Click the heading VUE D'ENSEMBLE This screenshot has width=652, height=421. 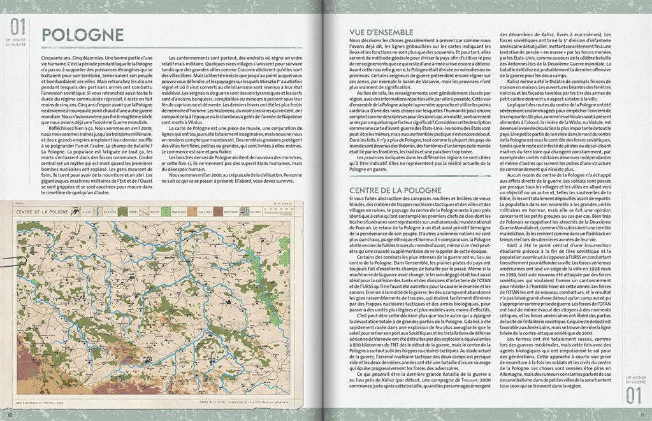[x=381, y=32]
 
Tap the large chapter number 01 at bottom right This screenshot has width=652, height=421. [x=634, y=395]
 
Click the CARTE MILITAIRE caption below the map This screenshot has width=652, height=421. [x=242, y=403]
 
